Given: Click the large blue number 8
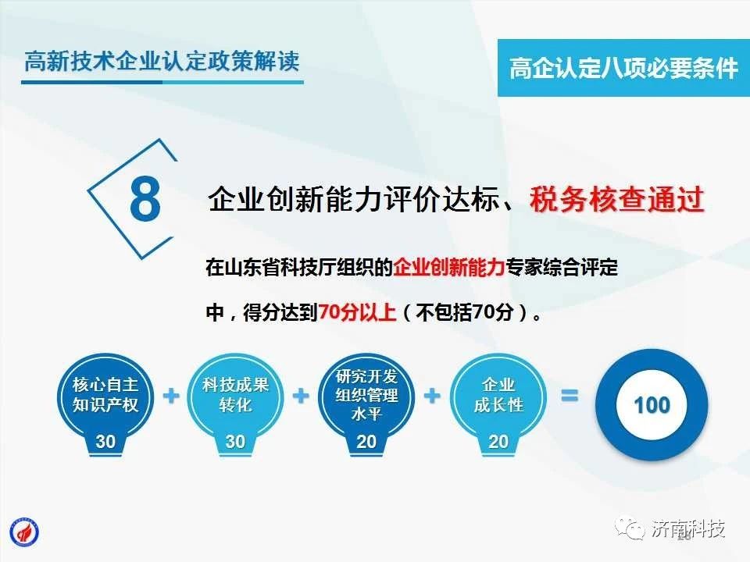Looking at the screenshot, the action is (x=145, y=199).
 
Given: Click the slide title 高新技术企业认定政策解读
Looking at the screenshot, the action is (x=162, y=61).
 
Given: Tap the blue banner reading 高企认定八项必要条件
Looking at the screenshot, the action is (x=623, y=68).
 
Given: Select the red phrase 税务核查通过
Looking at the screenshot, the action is (x=617, y=199).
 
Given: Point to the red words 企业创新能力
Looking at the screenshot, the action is (x=449, y=267).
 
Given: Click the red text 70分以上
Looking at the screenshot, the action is (x=357, y=312).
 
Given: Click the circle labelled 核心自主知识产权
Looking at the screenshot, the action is (x=105, y=397).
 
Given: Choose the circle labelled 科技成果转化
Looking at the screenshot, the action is (x=235, y=397).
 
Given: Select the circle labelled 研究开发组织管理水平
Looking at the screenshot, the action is (x=366, y=397).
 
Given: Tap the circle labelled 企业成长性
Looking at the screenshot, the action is (x=498, y=397).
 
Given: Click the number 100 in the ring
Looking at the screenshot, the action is (x=652, y=405).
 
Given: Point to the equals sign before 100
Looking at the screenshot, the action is (x=570, y=396).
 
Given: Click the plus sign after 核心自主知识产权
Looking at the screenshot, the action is (x=171, y=397).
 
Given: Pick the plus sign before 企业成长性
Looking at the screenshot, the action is (x=432, y=397).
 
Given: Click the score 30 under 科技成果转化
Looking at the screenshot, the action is (x=235, y=442).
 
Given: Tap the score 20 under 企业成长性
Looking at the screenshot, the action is (x=498, y=442).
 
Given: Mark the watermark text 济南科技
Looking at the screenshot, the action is (x=688, y=529).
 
